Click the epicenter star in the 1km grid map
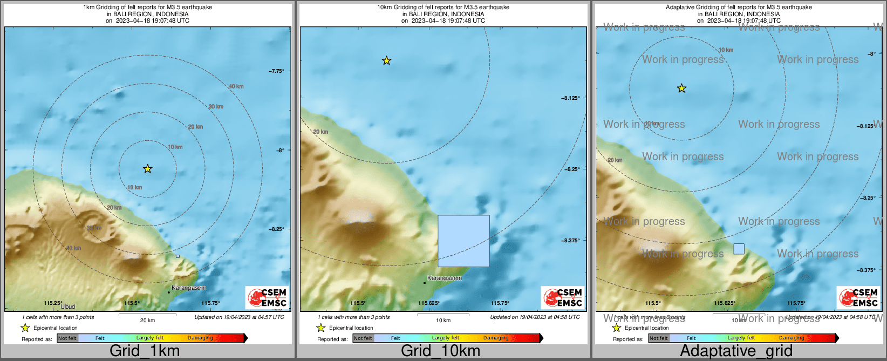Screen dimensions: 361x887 click(x=147, y=169)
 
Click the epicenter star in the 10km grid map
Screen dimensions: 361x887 click(x=386, y=60)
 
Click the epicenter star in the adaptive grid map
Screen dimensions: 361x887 click(x=681, y=88)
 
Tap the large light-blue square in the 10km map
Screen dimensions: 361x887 click(x=463, y=241)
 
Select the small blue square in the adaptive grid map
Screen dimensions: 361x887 click(x=739, y=249)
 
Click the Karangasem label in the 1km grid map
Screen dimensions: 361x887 click(x=189, y=288)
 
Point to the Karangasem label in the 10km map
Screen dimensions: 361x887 click(x=445, y=278)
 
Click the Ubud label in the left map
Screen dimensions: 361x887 click(x=68, y=306)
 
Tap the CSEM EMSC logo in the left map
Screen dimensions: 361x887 click(x=267, y=297)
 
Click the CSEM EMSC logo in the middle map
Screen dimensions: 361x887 click(x=563, y=297)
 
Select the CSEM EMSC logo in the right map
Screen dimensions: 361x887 click(x=858, y=297)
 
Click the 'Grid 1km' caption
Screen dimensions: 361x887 click(x=145, y=351)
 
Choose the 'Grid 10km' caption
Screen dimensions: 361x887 click(x=440, y=351)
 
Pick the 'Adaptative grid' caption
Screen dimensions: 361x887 click(x=736, y=351)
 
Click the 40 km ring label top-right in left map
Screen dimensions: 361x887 click(x=236, y=86)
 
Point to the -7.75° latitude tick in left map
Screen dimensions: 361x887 click(x=276, y=71)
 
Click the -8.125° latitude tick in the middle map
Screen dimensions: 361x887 click(x=571, y=98)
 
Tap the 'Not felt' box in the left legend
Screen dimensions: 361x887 click(x=67, y=338)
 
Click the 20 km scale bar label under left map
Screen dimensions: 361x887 click(x=147, y=320)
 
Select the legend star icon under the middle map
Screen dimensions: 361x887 click(x=320, y=328)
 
